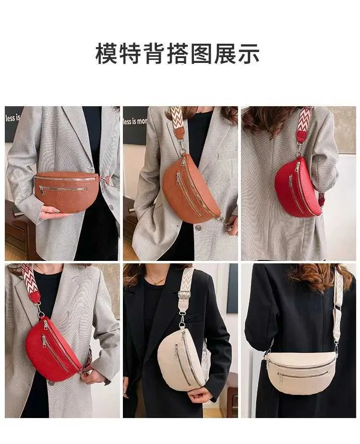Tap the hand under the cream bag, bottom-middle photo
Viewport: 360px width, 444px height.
[x=200, y=395]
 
